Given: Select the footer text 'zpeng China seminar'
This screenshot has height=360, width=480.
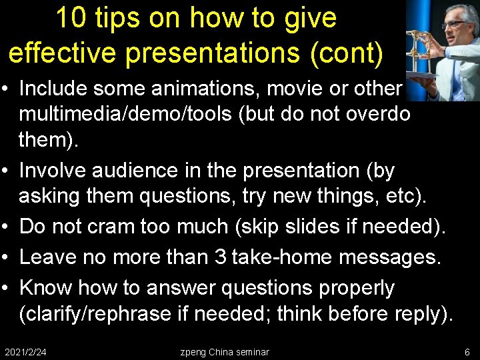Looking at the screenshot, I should point(225,351).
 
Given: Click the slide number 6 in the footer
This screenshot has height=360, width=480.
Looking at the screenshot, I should point(467,351).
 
